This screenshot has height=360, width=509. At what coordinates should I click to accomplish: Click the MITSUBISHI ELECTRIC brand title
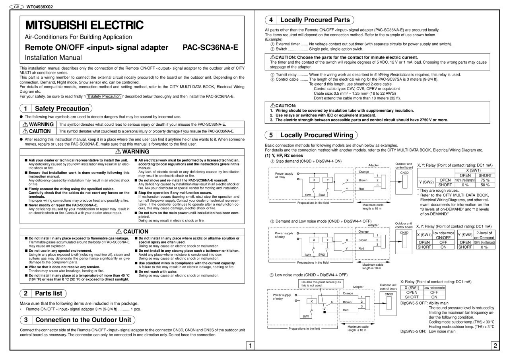(84, 25)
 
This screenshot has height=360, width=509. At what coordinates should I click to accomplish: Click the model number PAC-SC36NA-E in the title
(210, 48)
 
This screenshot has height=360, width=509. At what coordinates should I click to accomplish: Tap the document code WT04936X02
(39, 7)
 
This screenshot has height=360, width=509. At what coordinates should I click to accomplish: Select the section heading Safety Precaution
(61, 108)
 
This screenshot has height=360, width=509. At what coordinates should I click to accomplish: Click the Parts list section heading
(49, 294)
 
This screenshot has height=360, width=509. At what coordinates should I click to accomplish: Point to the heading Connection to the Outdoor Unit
(83, 320)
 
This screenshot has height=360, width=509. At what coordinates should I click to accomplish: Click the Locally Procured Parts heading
(315, 20)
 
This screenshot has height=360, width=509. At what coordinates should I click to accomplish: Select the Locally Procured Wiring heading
(317, 135)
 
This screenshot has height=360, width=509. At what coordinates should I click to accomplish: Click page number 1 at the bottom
(250, 345)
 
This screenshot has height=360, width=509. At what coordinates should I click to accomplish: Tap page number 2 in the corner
(495, 345)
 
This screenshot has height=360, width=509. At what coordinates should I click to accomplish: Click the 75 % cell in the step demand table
(485, 180)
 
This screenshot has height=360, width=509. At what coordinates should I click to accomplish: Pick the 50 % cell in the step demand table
(485, 185)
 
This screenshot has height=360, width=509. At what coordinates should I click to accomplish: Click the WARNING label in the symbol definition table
(39, 125)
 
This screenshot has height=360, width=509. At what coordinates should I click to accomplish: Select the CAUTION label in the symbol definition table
(39, 131)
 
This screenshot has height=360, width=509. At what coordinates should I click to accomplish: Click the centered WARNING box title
(132, 152)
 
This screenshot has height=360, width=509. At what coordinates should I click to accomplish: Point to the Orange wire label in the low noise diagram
(348, 293)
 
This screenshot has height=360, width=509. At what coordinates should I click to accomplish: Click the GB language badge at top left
(17, 7)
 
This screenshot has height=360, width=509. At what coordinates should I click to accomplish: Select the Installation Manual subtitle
(53, 58)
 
